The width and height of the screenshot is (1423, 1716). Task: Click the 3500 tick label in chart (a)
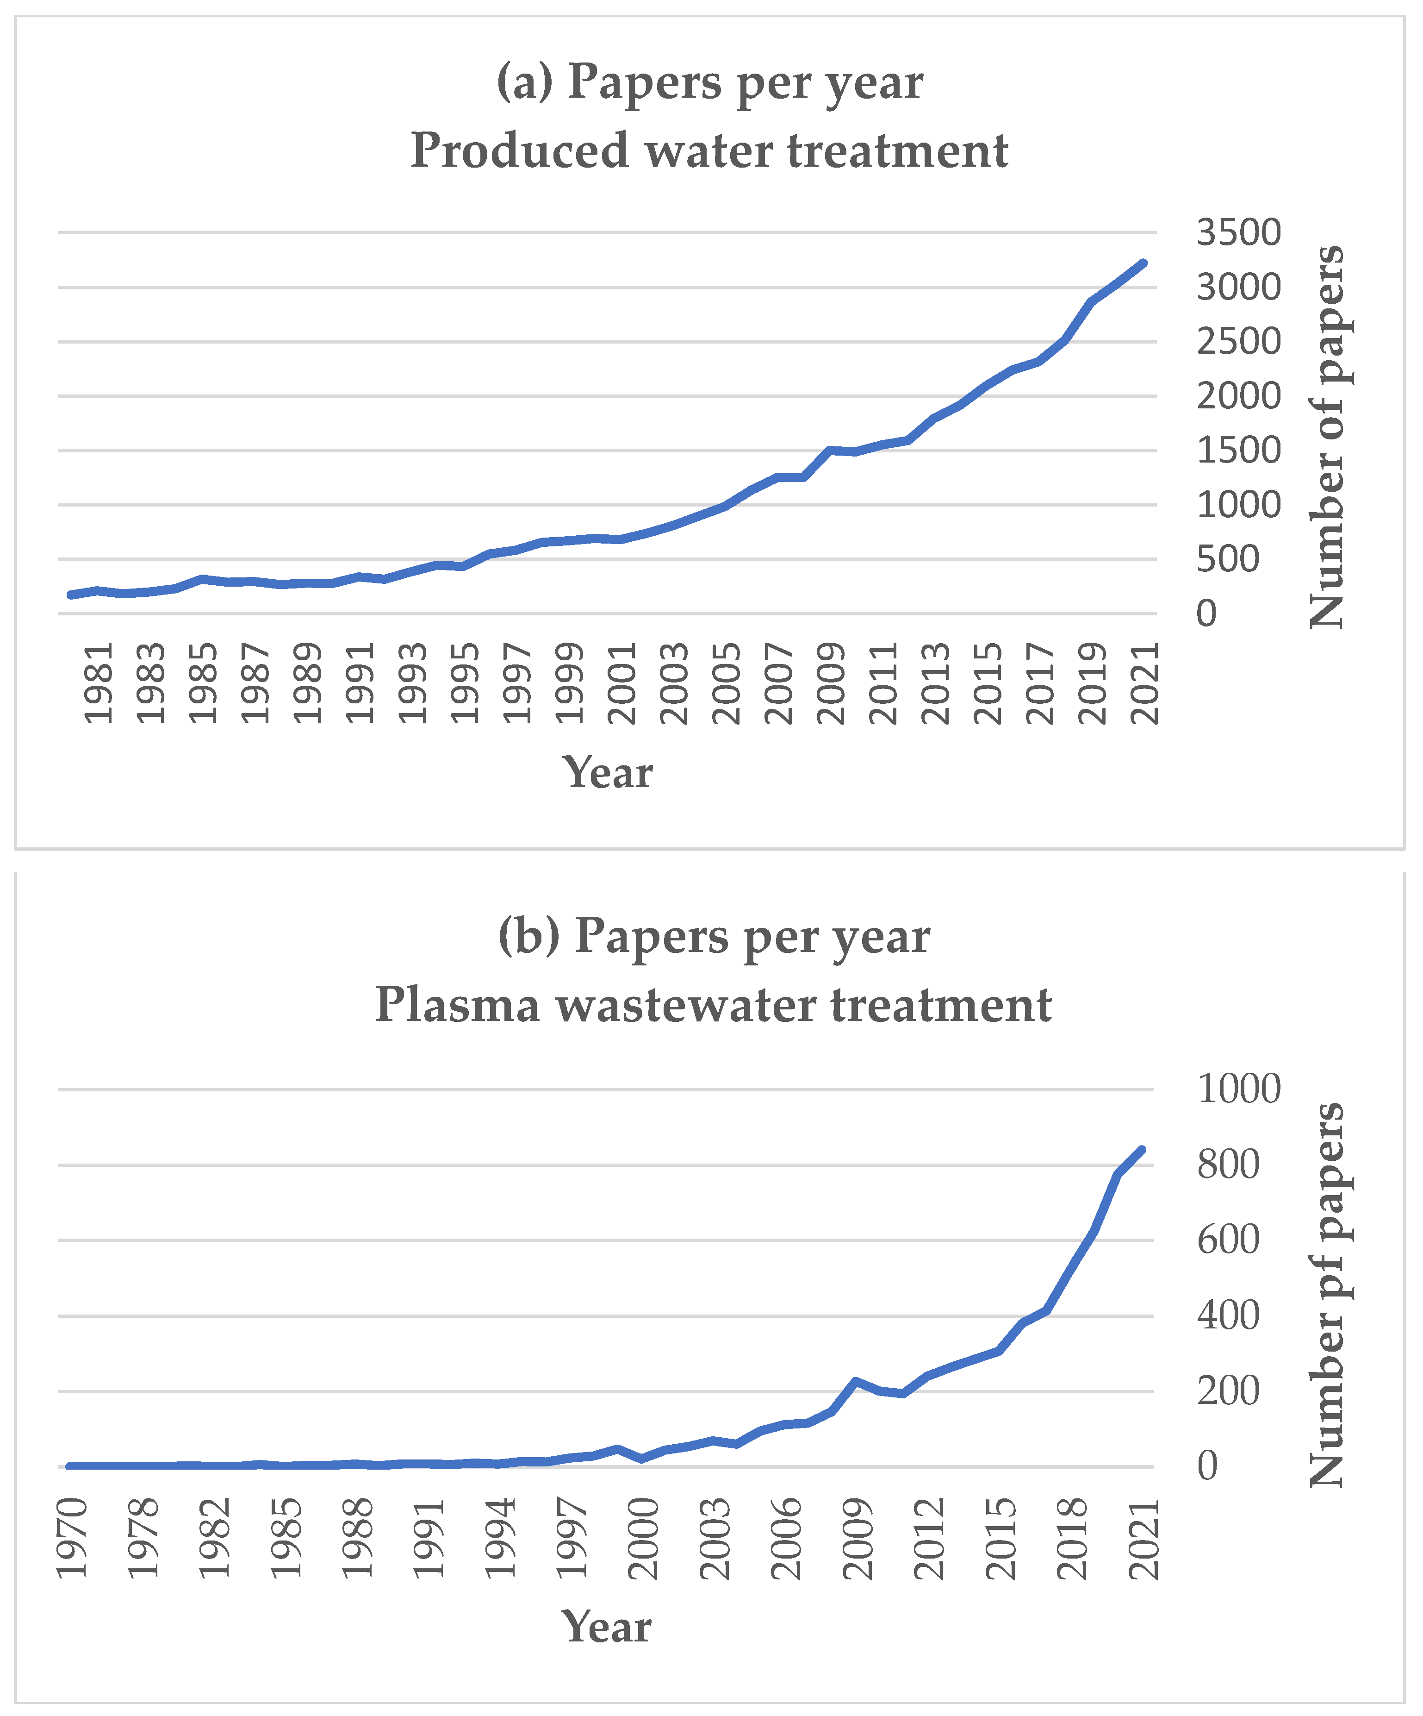(x=1238, y=233)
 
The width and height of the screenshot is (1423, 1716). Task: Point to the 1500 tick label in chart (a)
(x=1238, y=450)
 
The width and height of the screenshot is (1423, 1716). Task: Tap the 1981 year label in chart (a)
(x=99, y=683)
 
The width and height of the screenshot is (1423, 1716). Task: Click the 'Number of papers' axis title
(x=1327, y=437)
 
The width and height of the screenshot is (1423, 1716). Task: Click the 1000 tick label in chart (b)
(x=1238, y=1089)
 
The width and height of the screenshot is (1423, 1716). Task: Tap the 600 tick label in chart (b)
(x=1228, y=1240)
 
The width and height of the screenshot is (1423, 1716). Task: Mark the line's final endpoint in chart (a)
(x=1143, y=263)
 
